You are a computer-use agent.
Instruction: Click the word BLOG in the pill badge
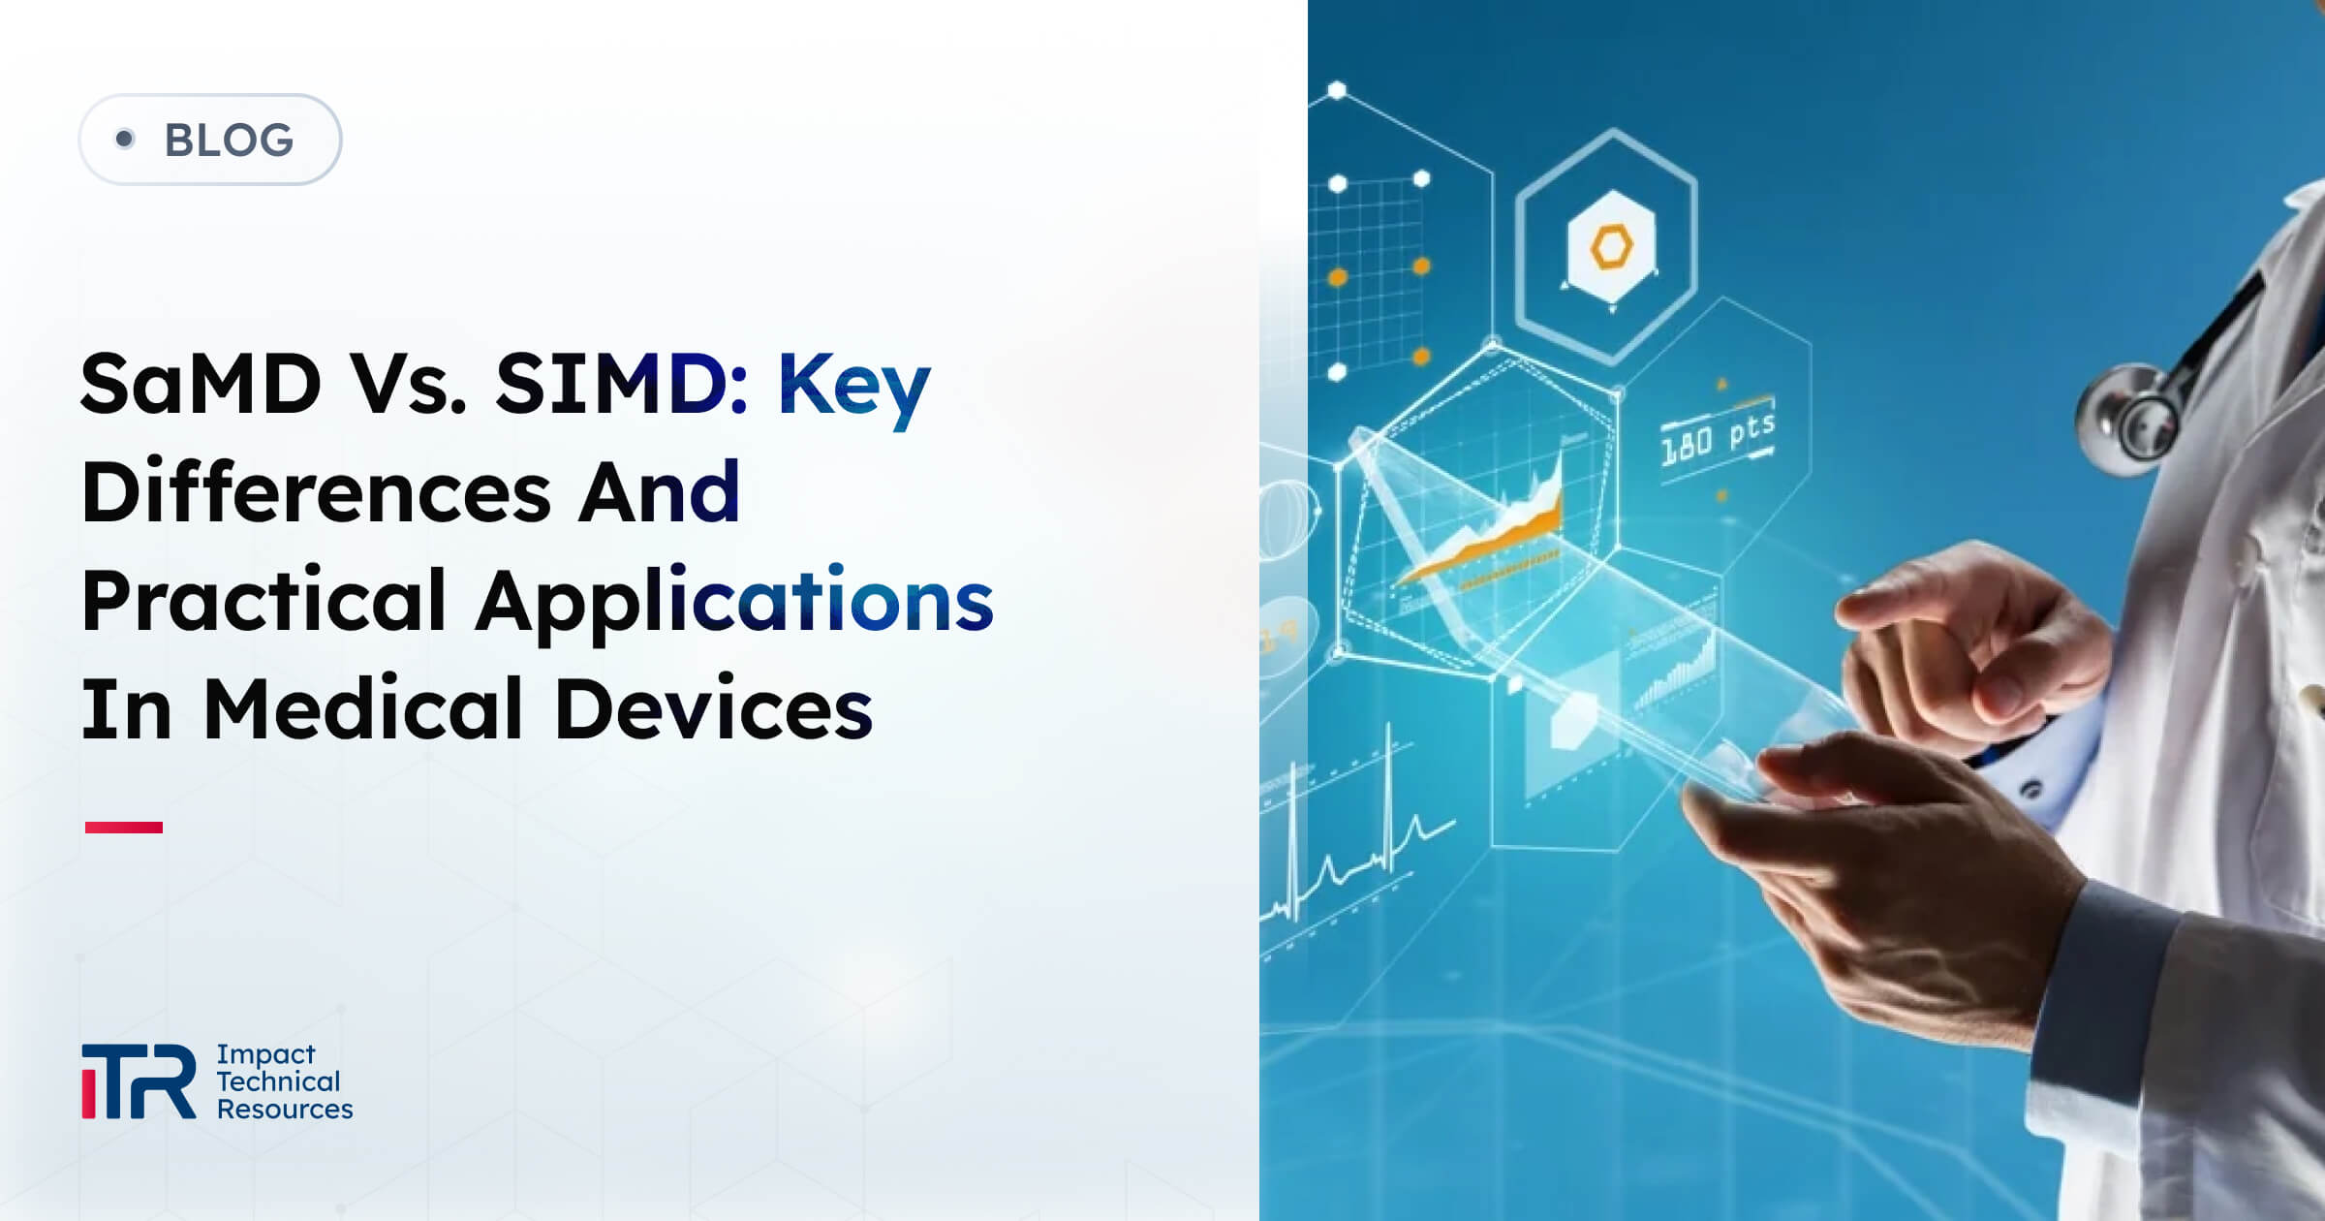click(x=229, y=141)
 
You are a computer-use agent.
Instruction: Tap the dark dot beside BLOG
click(x=124, y=139)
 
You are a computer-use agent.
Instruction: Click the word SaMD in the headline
click(x=201, y=384)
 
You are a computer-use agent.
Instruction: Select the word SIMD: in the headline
click(x=621, y=384)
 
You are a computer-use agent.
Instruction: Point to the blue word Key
click(x=853, y=386)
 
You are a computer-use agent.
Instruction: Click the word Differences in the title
click(x=316, y=492)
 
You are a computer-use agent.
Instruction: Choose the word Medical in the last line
click(x=364, y=709)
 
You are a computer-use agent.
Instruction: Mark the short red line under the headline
click(x=124, y=827)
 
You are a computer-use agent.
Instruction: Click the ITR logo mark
click(x=139, y=1080)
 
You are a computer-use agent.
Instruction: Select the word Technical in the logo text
click(x=278, y=1080)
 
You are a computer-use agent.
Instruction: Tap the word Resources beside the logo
click(x=285, y=1109)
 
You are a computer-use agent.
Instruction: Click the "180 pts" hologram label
click(x=1718, y=436)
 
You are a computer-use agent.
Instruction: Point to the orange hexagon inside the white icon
click(x=1611, y=246)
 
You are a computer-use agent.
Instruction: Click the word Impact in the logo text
click(x=265, y=1053)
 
